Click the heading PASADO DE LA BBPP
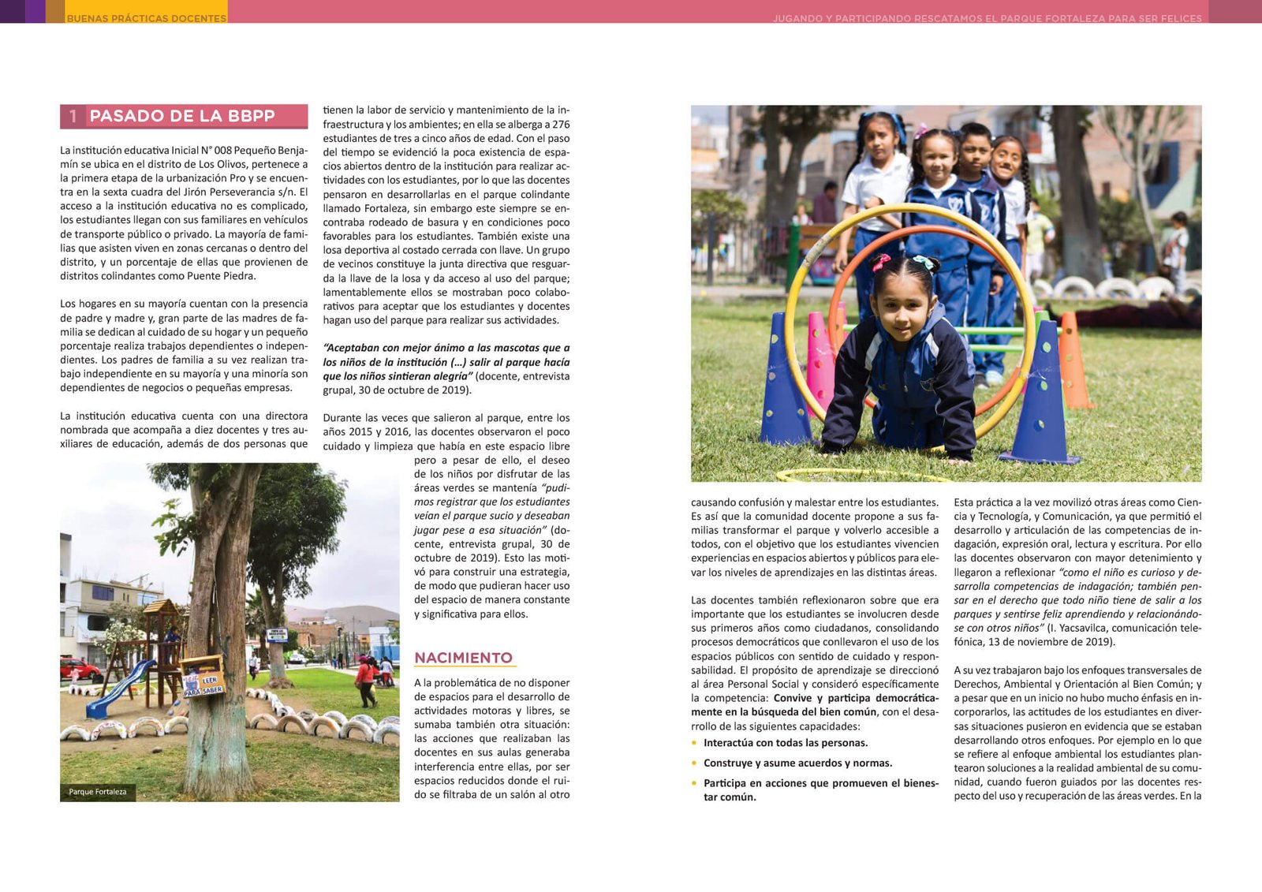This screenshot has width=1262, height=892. [182, 116]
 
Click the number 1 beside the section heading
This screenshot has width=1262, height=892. [73, 116]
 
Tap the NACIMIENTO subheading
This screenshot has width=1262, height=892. [463, 658]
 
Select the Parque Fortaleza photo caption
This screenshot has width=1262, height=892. [97, 792]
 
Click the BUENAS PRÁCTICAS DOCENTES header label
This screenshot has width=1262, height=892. [147, 17]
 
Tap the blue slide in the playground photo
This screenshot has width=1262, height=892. [118, 689]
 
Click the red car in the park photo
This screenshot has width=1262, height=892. [79, 670]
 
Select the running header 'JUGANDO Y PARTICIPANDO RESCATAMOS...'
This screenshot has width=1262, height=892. [987, 17]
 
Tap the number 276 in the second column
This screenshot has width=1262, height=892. [561, 125]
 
